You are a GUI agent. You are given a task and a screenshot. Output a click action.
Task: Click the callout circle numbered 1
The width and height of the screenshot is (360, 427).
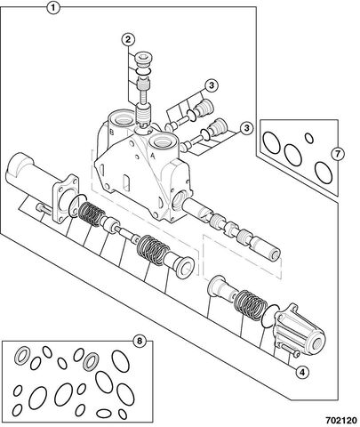click(x=53, y=8)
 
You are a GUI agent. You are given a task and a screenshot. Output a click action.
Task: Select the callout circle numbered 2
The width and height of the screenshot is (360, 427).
click(x=128, y=39)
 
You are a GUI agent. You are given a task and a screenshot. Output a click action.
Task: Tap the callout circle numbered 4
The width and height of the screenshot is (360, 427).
click(x=302, y=372)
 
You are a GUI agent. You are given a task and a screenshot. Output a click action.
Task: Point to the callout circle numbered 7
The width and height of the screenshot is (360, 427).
click(x=338, y=154)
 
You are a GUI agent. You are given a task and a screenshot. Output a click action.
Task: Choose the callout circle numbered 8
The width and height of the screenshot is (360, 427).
click(x=140, y=341)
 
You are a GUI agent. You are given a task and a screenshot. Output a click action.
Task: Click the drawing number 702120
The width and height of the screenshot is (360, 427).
click(x=341, y=421)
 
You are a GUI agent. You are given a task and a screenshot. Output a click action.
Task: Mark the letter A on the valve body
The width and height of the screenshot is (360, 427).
click(x=153, y=155)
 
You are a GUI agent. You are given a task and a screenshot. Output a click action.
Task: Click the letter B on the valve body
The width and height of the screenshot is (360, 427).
click(x=111, y=133)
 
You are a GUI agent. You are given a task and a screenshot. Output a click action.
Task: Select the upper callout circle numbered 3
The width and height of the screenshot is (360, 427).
click(x=211, y=85)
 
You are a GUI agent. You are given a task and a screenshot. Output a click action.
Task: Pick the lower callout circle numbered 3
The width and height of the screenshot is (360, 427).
click(x=246, y=128)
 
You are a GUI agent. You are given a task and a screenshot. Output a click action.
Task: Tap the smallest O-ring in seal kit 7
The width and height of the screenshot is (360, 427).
click(x=309, y=138)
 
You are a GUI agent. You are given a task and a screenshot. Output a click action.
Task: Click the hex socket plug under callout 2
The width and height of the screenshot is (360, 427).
click(x=143, y=60)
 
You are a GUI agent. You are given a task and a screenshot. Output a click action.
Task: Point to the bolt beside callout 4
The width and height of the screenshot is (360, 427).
click(x=290, y=350)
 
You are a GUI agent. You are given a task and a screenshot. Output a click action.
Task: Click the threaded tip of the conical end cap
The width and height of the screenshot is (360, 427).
click(x=317, y=343)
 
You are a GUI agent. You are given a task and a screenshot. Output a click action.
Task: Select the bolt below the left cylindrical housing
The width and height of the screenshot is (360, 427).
click(x=44, y=209)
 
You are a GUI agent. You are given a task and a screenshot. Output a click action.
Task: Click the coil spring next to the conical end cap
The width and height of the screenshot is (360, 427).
click(x=250, y=305)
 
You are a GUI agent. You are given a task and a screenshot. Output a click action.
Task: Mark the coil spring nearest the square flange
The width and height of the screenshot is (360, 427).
click(x=92, y=214)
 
